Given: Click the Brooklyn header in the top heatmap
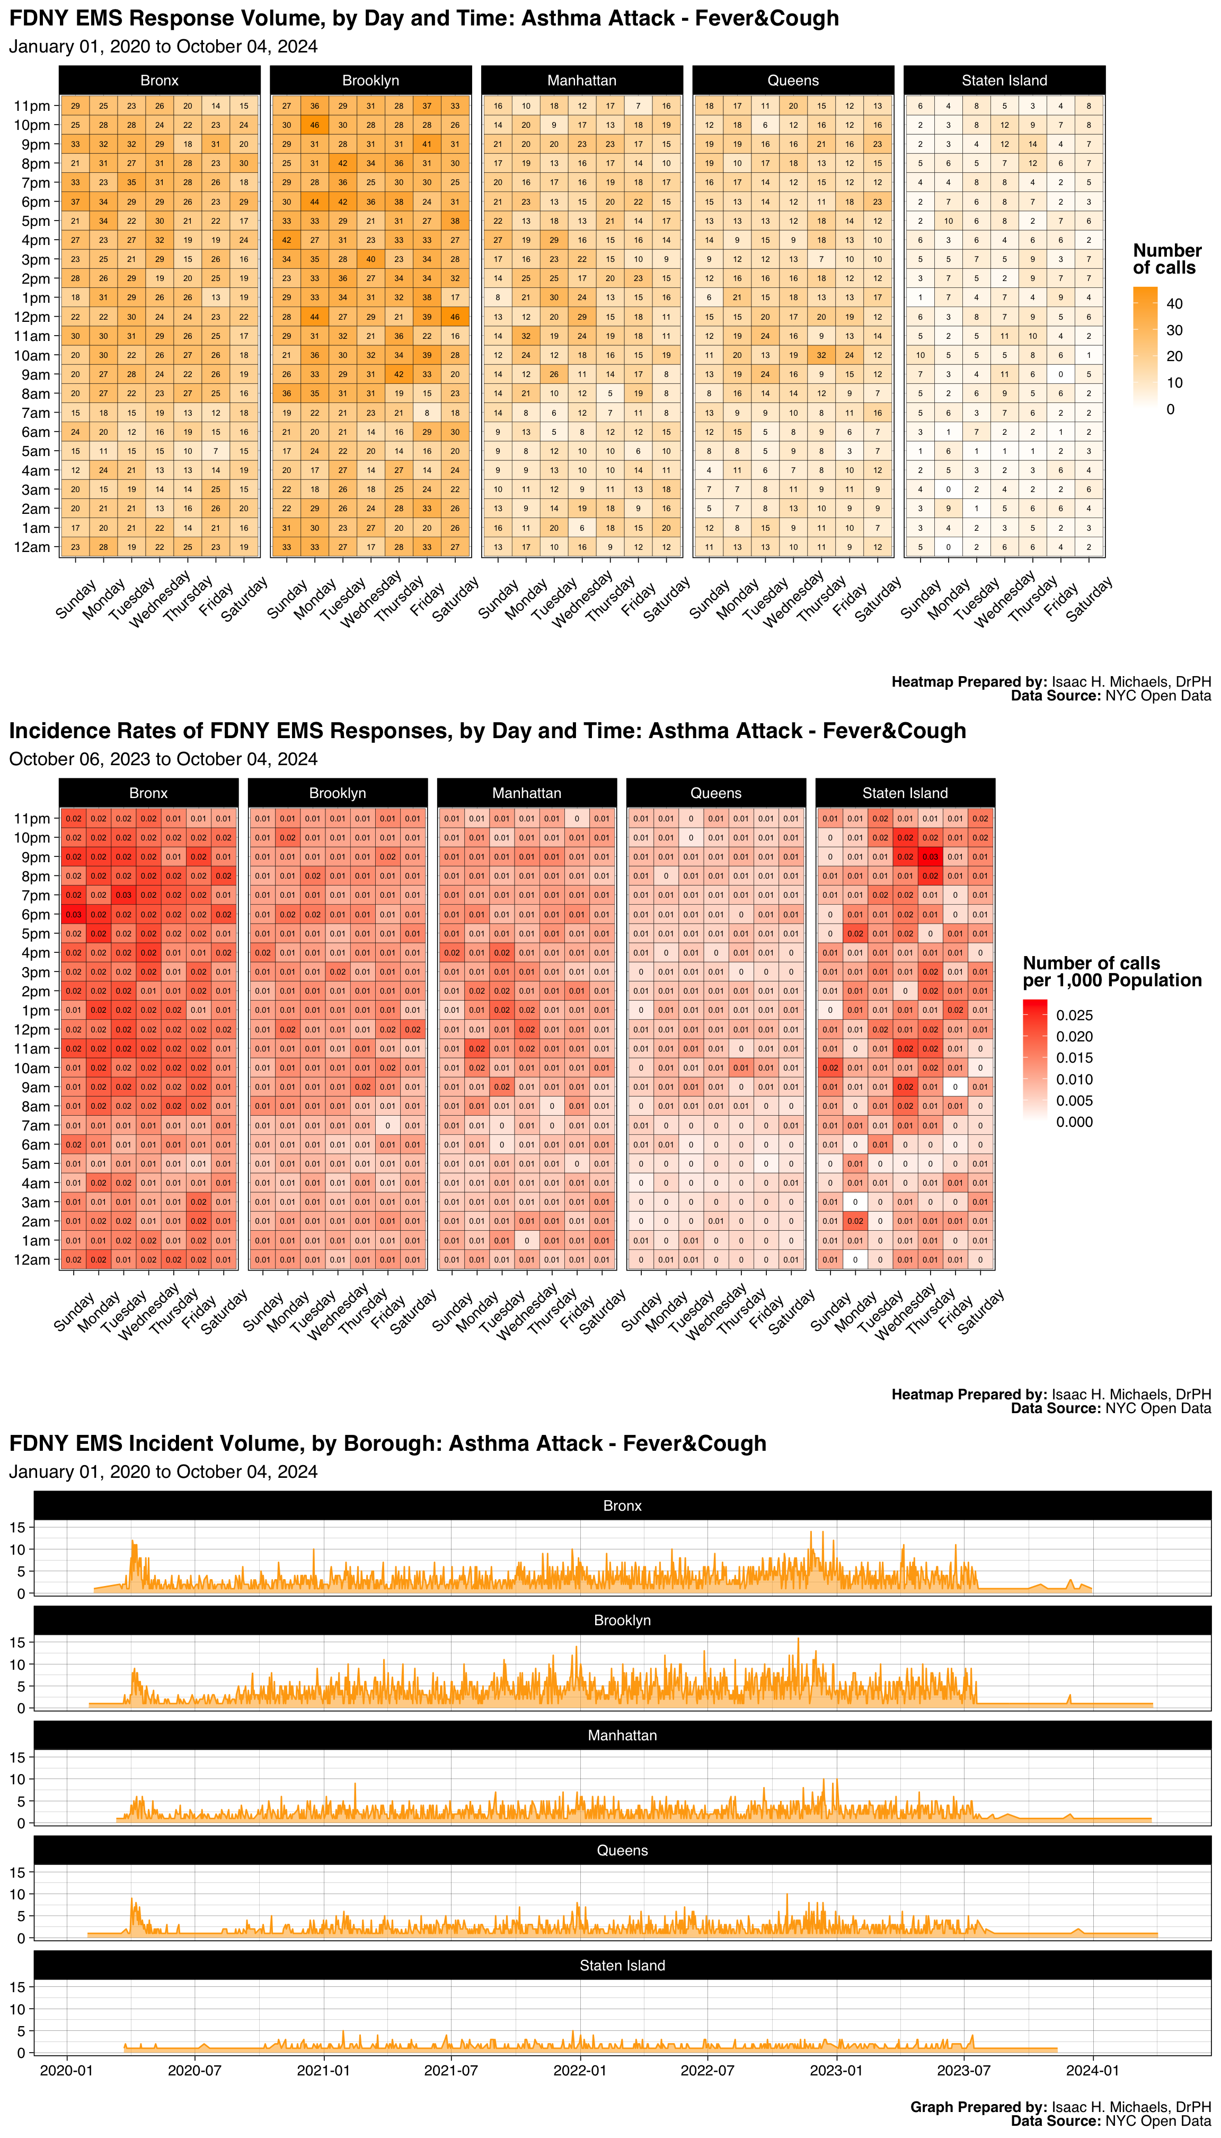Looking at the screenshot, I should (370, 81).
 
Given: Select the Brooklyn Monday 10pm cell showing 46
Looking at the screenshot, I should (314, 125).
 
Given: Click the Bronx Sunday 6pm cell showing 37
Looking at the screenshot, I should (75, 201).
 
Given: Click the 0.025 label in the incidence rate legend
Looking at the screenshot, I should (1074, 1015).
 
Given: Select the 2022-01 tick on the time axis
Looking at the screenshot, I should (579, 2070).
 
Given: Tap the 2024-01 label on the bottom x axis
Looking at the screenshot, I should (1092, 2070).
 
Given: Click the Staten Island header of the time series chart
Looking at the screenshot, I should (622, 1965).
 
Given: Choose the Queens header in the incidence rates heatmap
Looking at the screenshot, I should (715, 793).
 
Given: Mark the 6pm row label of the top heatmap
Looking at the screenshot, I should (35, 202).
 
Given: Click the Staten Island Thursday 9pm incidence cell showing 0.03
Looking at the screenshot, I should (930, 857).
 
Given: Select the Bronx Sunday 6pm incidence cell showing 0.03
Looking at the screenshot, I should (74, 915).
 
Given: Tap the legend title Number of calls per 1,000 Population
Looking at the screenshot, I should (1111, 971).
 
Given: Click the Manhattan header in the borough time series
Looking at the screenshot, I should (622, 1735).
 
